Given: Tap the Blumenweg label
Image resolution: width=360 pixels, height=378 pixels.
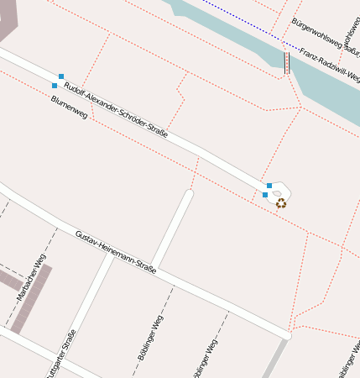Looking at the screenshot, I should [69, 111].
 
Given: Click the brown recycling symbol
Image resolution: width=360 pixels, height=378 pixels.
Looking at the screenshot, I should [281, 202].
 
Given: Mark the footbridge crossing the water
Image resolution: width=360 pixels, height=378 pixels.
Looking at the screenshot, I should [286, 63].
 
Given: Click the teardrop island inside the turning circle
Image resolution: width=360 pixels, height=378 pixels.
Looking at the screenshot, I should [277, 193].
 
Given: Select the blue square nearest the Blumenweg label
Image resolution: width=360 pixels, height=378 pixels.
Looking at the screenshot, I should [55, 86].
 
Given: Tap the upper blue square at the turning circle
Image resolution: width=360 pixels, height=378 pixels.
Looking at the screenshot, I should [269, 185].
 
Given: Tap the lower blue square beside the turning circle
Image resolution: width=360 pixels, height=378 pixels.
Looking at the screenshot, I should [265, 195].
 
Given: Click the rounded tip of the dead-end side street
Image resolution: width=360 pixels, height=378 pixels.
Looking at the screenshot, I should [189, 194].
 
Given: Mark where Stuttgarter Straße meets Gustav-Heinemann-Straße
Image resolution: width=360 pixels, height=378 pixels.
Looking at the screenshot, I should [110, 255].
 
